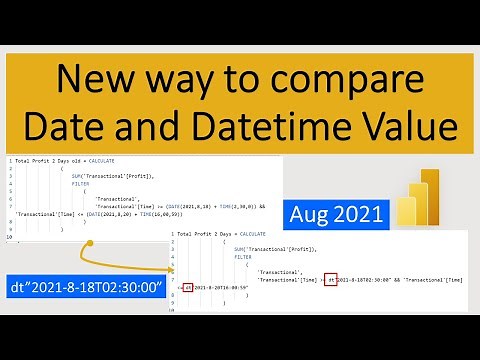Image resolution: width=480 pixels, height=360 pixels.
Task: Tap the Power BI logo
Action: click(418, 197)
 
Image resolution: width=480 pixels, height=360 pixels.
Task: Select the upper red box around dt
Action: click(332, 279)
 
